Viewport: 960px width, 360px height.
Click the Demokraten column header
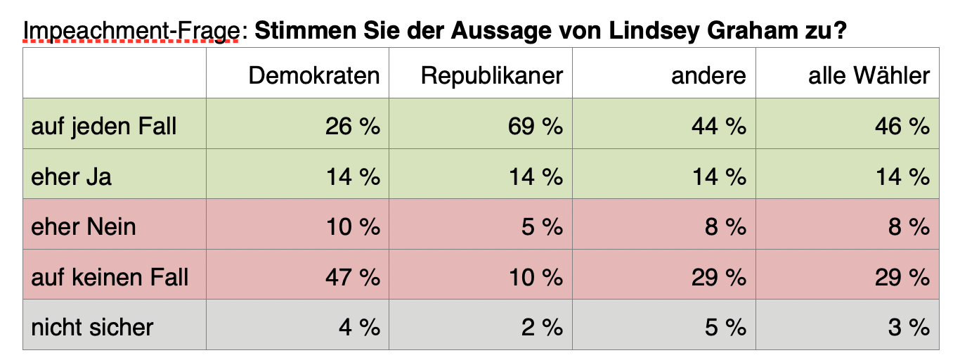tap(314, 76)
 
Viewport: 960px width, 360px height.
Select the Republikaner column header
tap(491, 76)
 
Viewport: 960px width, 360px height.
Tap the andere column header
tap(708, 76)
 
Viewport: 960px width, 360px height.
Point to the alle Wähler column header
tap(869, 75)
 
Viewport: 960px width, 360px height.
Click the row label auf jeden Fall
tap(104, 127)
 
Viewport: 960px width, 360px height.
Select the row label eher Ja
tap(71, 176)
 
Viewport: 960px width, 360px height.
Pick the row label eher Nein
tap(83, 226)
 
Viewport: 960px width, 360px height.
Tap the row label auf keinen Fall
tap(110, 277)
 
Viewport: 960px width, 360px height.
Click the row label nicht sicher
tap(92, 327)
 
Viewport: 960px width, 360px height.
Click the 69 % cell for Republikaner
tap(536, 127)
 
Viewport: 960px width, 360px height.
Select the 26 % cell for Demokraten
tap(352, 127)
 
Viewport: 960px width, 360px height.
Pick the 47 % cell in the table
tap(352, 277)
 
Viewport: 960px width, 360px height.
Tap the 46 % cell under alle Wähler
tap(902, 127)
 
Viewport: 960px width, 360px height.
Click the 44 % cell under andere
tap(719, 127)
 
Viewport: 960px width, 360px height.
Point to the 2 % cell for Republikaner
tap(542, 328)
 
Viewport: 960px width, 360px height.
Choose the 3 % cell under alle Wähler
tap(909, 328)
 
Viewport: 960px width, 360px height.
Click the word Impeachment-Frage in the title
tap(131, 31)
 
